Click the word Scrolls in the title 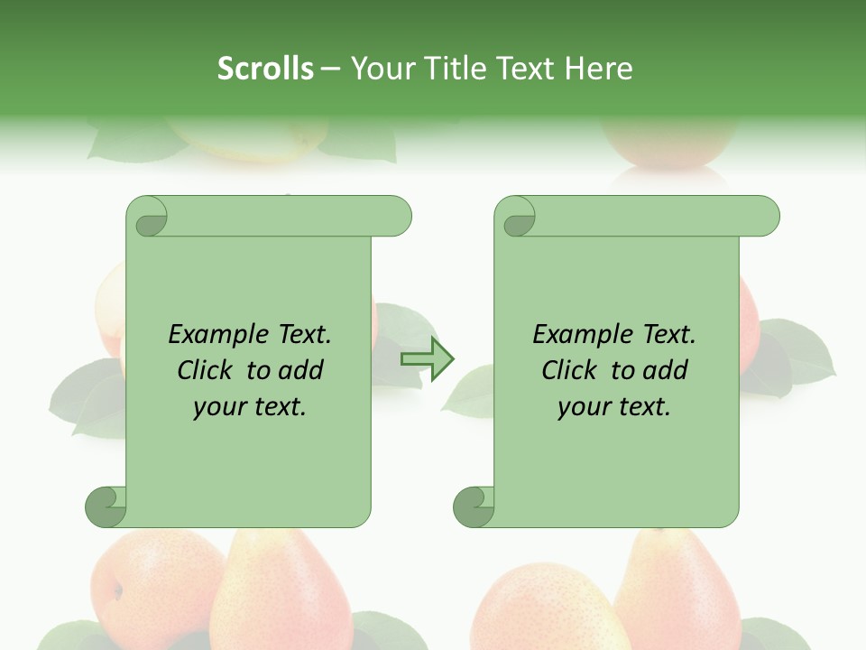click(265, 69)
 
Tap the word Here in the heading click(598, 69)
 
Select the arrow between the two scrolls click(428, 359)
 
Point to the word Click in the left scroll click(205, 370)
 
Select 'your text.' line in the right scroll click(613, 407)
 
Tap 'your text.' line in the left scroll click(249, 407)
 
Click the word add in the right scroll click(667, 370)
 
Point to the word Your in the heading click(381, 69)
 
